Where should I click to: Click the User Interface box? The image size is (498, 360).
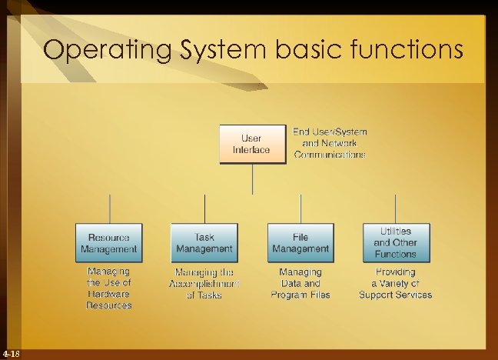pos(251,144)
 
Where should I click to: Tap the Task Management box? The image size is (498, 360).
pos(204,243)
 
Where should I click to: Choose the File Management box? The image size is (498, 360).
pos(300,243)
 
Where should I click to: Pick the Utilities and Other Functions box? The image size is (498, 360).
pos(396,242)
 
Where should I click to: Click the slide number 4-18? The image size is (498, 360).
pos(12,354)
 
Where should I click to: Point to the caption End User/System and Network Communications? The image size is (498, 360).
pos(330,143)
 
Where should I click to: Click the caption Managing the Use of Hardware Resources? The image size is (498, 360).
pos(108,288)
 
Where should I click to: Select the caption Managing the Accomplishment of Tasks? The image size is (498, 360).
pos(204,283)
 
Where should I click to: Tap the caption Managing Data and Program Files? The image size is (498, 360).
pos(300,283)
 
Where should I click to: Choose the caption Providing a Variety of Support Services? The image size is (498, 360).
pos(396,283)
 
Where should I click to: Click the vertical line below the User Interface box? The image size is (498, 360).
pos(253,178)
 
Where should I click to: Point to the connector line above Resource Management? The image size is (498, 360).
pos(109,208)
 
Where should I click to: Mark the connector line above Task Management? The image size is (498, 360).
pos(204,208)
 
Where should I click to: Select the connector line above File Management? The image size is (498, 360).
pos(300,208)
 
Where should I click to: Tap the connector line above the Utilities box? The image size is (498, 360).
pos(396,208)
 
